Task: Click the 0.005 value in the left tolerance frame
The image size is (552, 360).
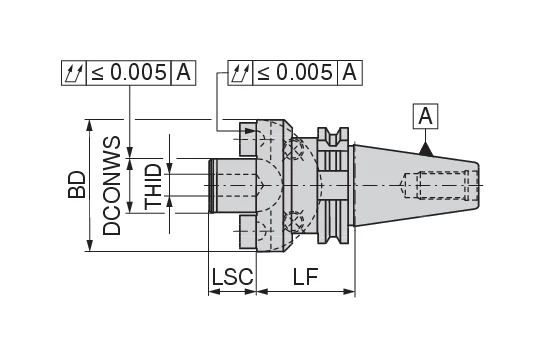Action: point(130,72)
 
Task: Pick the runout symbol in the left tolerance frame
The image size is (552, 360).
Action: point(74,72)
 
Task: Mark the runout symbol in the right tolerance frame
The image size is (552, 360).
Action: point(239,72)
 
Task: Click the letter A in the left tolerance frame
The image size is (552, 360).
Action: point(184,72)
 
